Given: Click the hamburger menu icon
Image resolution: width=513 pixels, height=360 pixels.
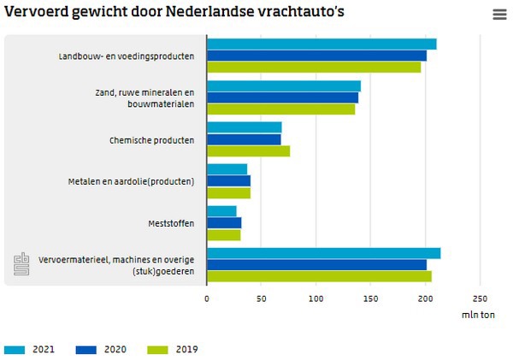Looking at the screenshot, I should [499, 15].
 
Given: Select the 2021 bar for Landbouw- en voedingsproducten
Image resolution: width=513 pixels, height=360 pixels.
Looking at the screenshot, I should [321, 44].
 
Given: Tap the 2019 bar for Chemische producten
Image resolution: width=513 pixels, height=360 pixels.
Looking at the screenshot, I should [248, 151].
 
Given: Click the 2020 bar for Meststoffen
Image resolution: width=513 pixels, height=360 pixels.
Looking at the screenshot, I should [224, 223].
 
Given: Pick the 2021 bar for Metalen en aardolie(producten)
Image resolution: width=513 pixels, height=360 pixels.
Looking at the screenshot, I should [227, 169].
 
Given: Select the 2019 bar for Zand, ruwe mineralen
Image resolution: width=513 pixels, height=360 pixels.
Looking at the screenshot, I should [280, 109].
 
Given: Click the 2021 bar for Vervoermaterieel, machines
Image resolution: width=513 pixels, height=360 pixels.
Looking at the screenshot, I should [323, 253].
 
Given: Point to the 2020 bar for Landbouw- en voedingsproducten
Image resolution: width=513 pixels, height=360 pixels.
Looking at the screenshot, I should [316, 56].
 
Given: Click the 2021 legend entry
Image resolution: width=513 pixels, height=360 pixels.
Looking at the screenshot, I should [32, 349].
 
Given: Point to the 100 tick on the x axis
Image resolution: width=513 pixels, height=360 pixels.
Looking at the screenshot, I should [316, 298].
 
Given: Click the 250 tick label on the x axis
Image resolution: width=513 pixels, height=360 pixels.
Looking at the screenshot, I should [481, 298].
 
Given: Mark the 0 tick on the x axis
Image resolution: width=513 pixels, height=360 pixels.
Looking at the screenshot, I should [207, 298].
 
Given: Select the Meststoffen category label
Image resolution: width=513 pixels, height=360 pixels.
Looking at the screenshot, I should [171, 223].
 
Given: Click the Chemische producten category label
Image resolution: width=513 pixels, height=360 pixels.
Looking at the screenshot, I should [152, 139].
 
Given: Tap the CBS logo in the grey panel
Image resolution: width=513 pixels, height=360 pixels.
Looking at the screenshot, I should [21, 265].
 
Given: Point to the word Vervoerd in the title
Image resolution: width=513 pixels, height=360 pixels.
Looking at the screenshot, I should [34, 13].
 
